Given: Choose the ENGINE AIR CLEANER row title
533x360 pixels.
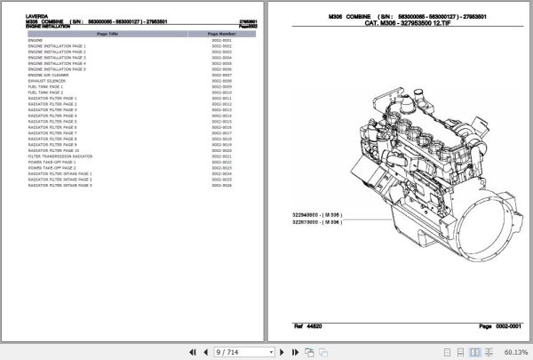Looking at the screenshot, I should pos(52,76).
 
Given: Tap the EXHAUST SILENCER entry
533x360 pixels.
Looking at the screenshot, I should pos(48,81).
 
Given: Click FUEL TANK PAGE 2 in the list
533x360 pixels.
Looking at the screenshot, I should pos(45,92).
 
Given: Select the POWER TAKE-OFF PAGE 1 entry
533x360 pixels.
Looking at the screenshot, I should pos(52,162).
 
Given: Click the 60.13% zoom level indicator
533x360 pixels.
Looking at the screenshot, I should pos(515,352).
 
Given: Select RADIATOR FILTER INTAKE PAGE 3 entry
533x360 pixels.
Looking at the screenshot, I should pos(60,185).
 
